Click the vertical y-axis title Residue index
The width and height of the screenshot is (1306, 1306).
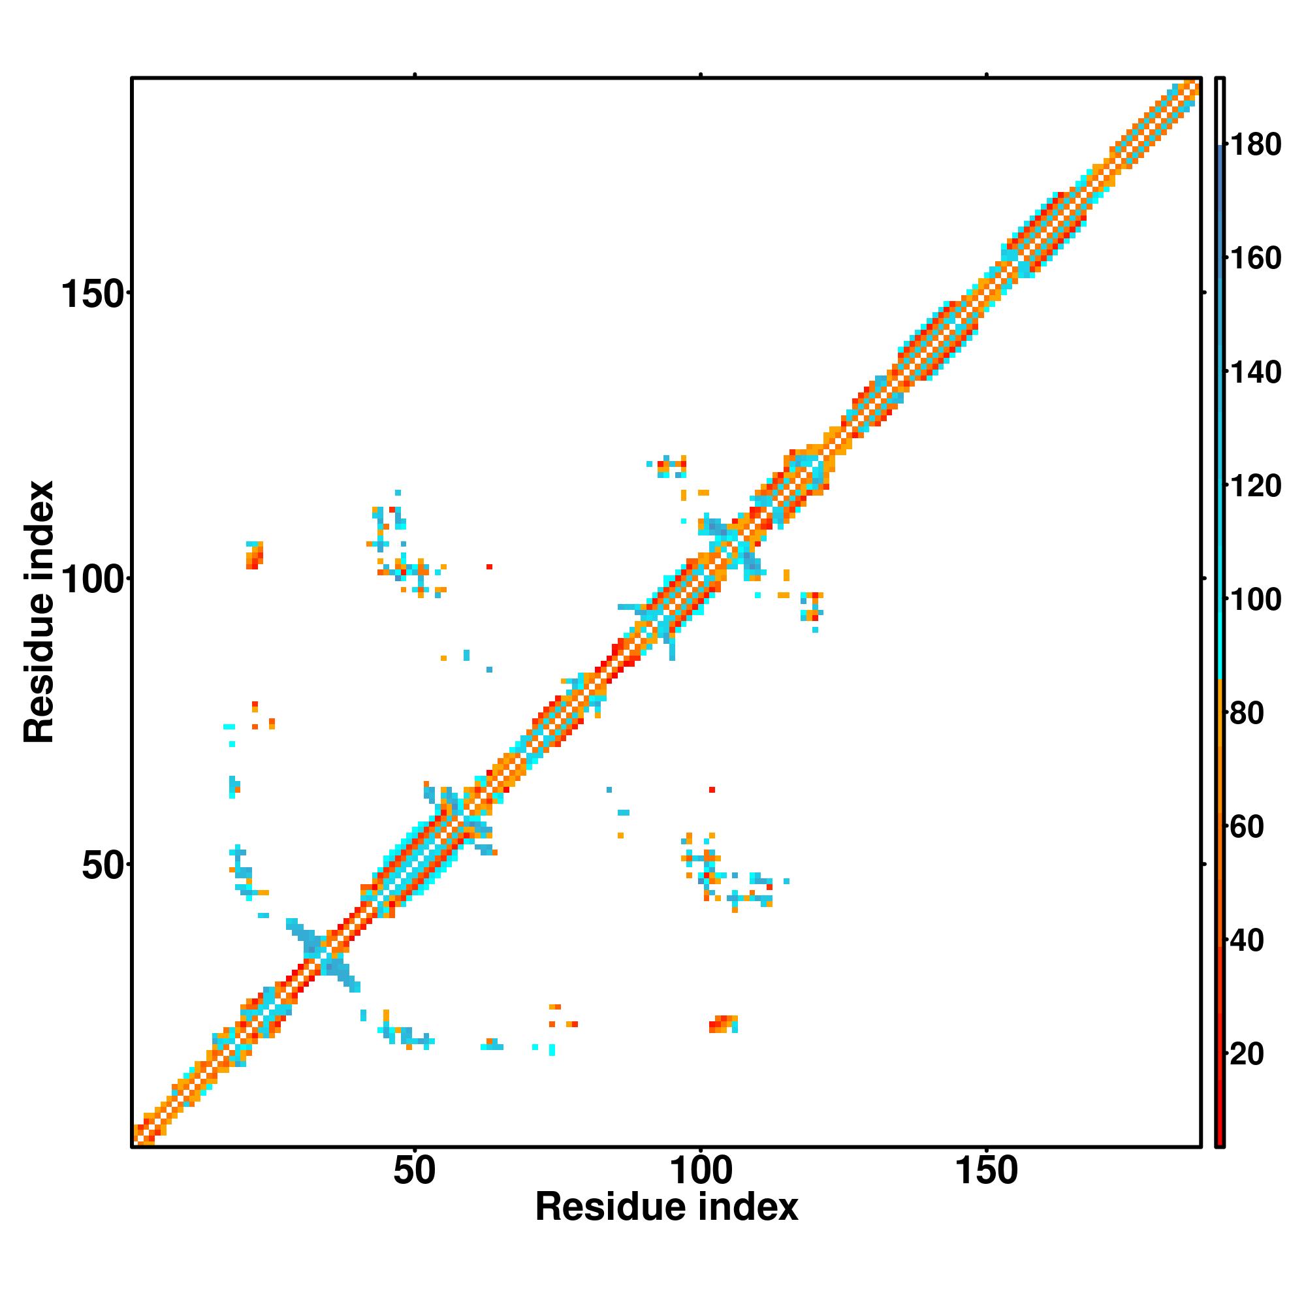[39, 612]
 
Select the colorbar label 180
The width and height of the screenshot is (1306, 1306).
[1255, 145]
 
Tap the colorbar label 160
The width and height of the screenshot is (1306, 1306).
[1255, 258]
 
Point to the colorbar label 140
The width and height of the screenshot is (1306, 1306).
[1255, 372]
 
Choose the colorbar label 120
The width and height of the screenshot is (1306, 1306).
[1255, 486]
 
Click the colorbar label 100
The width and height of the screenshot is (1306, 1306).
[1255, 599]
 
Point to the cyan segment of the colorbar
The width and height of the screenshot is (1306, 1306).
[1220, 609]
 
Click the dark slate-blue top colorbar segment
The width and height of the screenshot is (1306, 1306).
[1220, 203]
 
